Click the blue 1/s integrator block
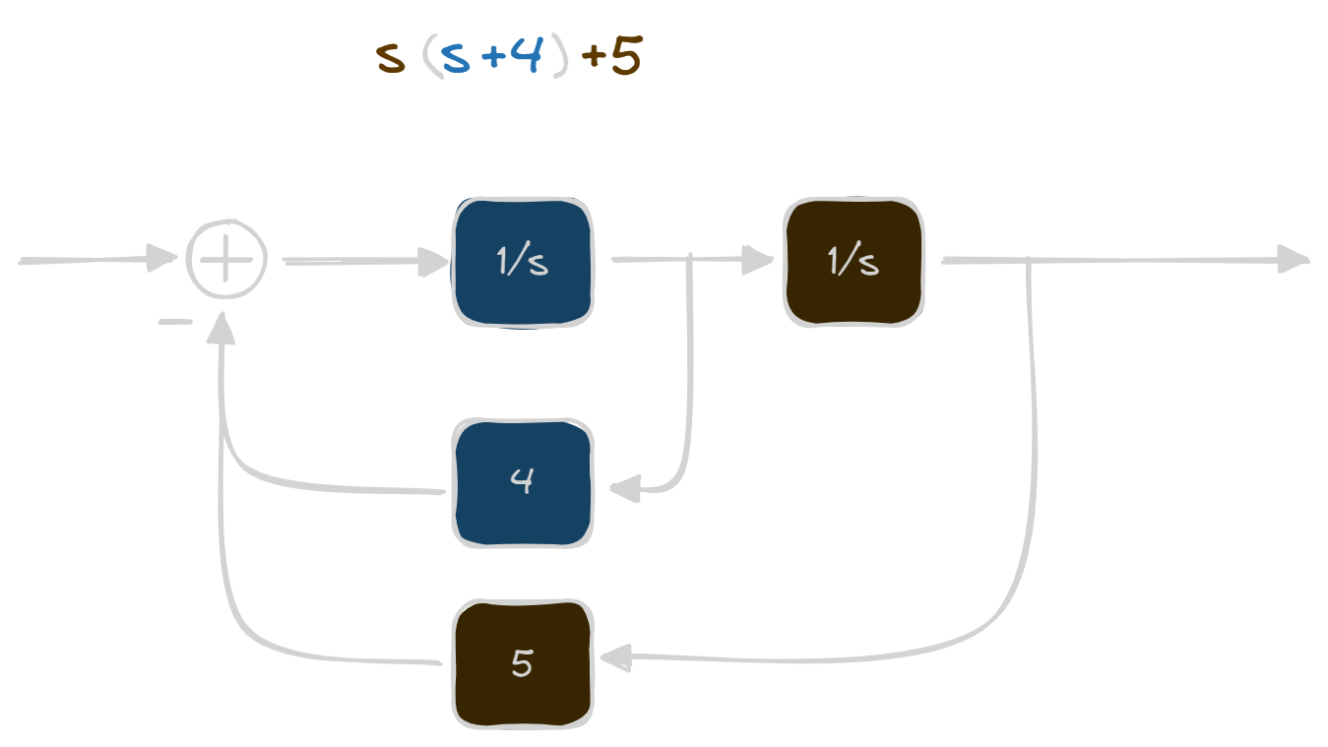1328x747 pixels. (x=523, y=262)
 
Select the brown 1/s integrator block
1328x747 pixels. (x=854, y=262)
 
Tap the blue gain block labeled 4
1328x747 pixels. (x=523, y=482)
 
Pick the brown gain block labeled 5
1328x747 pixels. (x=523, y=663)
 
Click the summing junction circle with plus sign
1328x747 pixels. (x=226, y=260)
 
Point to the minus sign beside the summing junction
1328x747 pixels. (x=175, y=322)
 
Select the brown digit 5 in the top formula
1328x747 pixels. (x=626, y=58)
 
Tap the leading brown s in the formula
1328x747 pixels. (x=391, y=60)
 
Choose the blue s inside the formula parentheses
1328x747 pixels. (x=455, y=60)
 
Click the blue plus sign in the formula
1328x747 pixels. (x=492, y=58)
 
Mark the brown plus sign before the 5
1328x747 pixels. (x=594, y=58)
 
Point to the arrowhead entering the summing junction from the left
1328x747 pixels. (x=161, y=259)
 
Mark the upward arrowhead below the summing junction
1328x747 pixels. (x=222, y=329)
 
